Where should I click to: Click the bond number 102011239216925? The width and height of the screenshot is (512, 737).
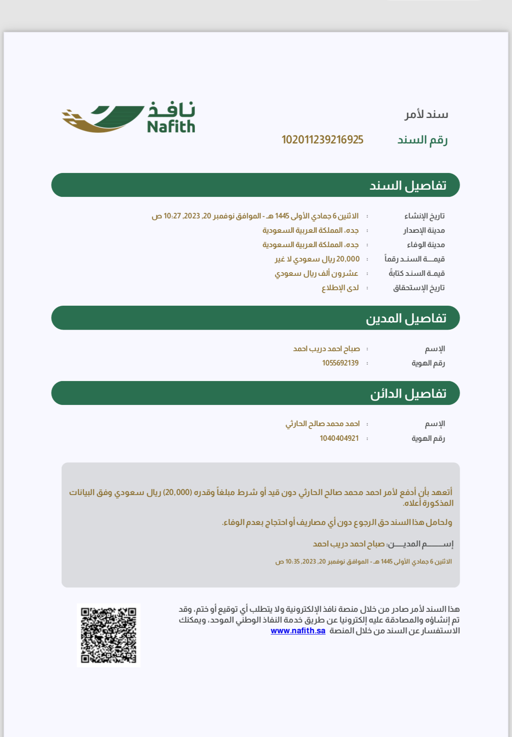click(x=322, y=140)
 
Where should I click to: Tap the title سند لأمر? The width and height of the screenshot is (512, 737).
click(x=426, y=115)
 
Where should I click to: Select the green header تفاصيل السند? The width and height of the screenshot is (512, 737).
click(x=255, y=185)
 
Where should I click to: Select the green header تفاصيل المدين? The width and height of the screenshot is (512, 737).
click(x=255, y=318)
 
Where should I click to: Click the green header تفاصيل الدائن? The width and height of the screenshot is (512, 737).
click(x=255, y=393)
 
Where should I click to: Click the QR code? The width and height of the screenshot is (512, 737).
click(x=108, y=635)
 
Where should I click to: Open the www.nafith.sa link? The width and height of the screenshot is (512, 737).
click(x=298, y=631)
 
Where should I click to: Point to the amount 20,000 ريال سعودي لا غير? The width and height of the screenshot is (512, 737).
click(x=317, y=259)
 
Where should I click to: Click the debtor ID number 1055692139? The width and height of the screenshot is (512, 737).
click(x=340, y=363)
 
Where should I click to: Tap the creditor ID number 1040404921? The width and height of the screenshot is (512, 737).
click(x=339, y=438)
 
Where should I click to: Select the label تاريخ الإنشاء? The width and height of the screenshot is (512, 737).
click(x=424, y=216)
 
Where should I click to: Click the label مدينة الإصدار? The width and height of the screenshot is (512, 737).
click(x=423, y=230)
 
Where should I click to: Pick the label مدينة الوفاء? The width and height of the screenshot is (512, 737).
click(x=425, y=245)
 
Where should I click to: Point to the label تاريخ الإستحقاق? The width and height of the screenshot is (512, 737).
click(x=419, y=288)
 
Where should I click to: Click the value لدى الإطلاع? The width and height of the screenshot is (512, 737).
click(x=340, y=288)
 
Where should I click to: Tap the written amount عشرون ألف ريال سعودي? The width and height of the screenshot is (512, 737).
click(x=316, y=273)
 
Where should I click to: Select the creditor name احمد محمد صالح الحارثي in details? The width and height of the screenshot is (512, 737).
click(x=322, y=424)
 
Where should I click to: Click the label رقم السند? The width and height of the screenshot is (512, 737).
click(x=422, y=140)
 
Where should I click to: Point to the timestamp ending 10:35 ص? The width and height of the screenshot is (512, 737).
click(x=363, y=562)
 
